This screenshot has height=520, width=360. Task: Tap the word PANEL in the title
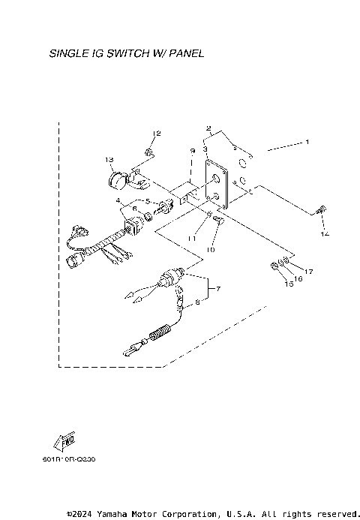[x=185, y=54]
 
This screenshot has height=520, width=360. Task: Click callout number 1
[x=306, y=141]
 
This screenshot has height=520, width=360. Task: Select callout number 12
[x=157, y=134]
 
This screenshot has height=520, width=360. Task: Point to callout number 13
[x=109, y=160]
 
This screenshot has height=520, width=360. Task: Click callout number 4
[x=118, y=200]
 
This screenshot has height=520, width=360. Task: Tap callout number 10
[x=211, y=249]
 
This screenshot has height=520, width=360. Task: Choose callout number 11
[x=192, y=238]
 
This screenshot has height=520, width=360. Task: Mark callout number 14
[x=324, y=234]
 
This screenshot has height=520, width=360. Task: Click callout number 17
[x=308, y=270]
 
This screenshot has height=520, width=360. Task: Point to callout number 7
[x=219, y=288]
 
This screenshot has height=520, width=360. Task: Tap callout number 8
[x=199, y=303]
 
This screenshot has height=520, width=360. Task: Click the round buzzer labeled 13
[x=117, y=181]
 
